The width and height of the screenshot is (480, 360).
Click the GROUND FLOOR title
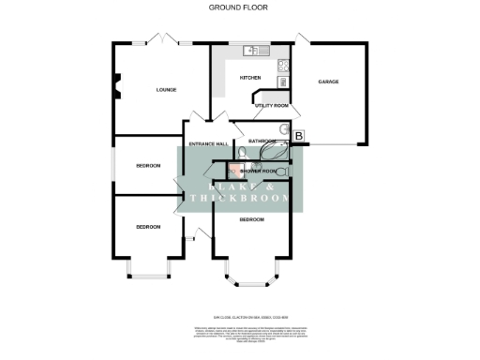pyautogui.click(x=239, y=7)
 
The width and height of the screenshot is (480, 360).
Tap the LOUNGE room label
pyautogui.click(x=166, y=90)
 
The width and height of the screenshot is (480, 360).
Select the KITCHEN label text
pyautogui.click(x=250, y=77)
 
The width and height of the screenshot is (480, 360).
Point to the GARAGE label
pyautogui.click(x=328, y=82)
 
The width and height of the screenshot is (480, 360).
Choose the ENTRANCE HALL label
pyautogui.click(x=209, y=143)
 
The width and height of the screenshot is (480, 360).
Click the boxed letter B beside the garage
pyautogui.click(x=299, y=137)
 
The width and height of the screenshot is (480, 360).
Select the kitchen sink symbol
pyautogui.click(x=250, y=50)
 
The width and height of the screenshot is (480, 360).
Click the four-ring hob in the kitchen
pyautogui.click(x=283, y=66)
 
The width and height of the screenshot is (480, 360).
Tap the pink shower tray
pyautogui.click(x=233, y=171)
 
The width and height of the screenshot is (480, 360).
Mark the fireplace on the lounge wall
pyautogui.click(x=117, y=88)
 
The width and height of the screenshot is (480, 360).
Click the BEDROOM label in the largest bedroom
pyautogui.click(x=251, y=219)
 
